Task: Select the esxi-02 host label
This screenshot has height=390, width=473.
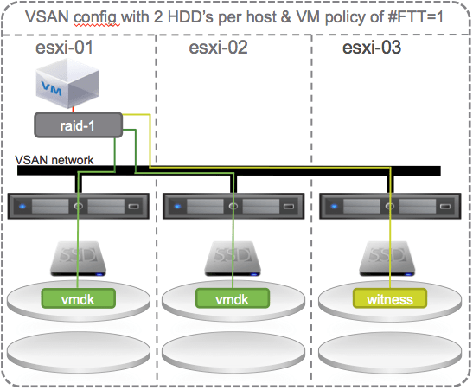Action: (x=219, y=48)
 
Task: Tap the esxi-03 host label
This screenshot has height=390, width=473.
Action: (x=372, y=48)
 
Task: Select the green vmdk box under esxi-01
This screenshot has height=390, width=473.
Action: (x=78, y=298)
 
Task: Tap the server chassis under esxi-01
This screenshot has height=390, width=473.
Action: (x=79, y=208)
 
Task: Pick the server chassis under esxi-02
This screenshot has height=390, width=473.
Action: (x=234, y=208)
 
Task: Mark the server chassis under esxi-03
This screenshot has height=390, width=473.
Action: (x=388, y=208)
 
